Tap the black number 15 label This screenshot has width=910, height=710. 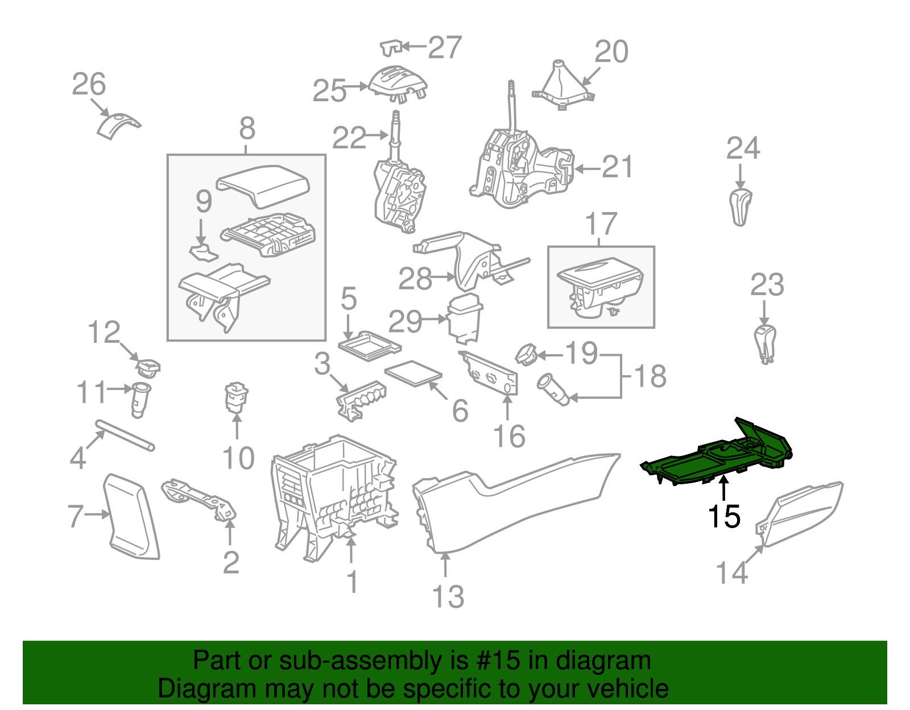723,516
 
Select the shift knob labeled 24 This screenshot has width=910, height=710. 740,208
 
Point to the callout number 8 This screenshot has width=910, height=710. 247,128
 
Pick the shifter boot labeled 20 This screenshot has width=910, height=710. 563,85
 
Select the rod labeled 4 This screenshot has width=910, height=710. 125,435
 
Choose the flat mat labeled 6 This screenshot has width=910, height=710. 413,373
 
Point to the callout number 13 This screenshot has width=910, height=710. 448,597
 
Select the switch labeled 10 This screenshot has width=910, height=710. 237,397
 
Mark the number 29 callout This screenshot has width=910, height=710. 405,321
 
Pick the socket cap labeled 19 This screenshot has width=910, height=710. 526,354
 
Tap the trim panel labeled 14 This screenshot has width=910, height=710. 799,514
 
